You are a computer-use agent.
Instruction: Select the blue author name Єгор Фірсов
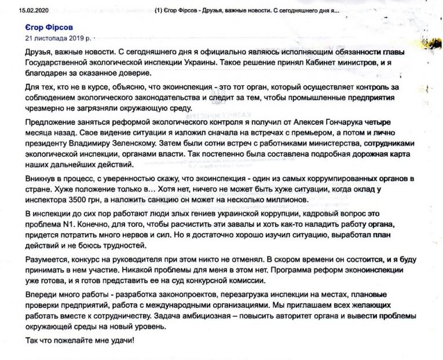[x=49, y=28]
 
